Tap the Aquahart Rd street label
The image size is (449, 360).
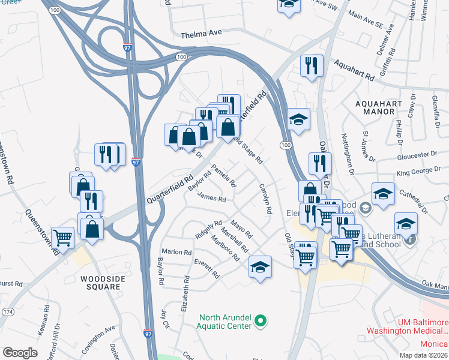click(355, 71)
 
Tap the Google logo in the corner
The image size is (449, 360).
click(20, 353)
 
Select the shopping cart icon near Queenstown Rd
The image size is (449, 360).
click(63, 238)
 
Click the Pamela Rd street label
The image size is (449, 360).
click(223, 177)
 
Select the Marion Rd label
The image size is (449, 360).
click(176, 252)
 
